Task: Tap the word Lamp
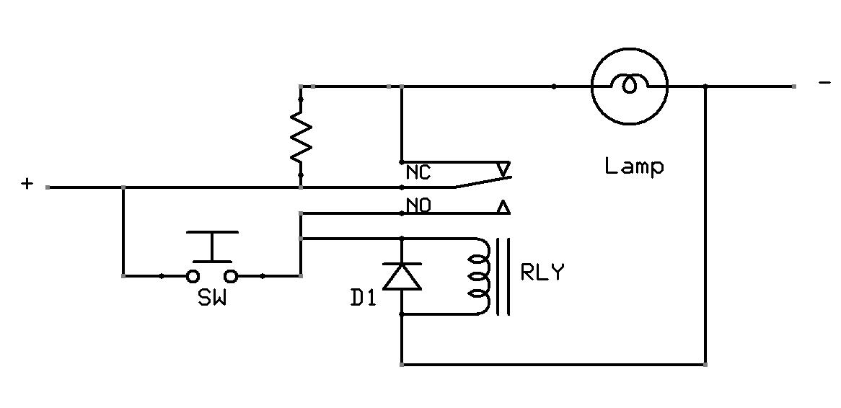pos(633,167)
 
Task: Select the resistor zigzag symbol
pos(301,137)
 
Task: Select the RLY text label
pos(542,274)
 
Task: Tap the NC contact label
pos(418,173)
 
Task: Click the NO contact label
pos(418,206)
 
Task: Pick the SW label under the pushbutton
pos(212,298)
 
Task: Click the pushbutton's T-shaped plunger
pos(212,245)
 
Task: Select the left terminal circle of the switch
pos(193,275)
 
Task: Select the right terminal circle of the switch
pos(231,275)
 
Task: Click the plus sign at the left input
pos(27,185)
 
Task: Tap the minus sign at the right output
pos(824,84)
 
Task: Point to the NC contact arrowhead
pos(503,169)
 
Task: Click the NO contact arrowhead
pos(503,208)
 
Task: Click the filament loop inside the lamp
pos(630,85)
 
